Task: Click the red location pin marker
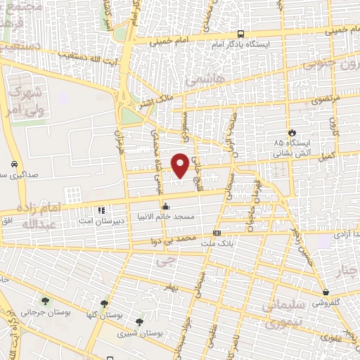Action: click(x=181, y=165)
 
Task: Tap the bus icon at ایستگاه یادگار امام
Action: click(x=241, y=34)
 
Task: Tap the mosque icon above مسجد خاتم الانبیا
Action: click(x=166, y=207)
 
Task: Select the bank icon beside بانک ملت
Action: click(x=217, y=233)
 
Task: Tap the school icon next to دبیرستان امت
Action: click(x=102, y=210)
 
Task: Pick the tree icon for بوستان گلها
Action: click(x=104, y=304)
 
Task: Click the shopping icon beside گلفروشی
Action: click(x=326, y=292)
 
